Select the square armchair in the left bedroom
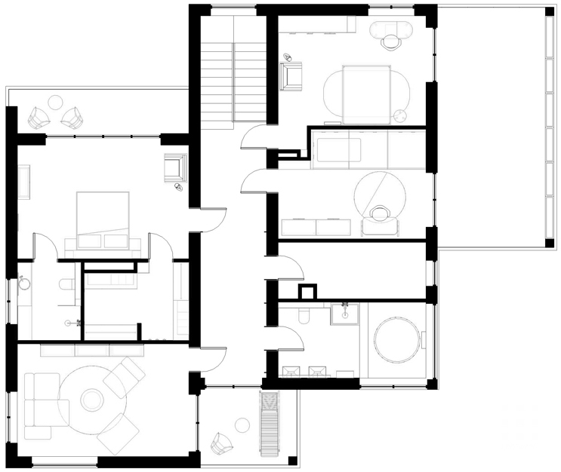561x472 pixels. click(175, 166)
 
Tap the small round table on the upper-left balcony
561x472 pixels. click(55, 101)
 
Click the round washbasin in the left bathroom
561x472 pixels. click(24, 284)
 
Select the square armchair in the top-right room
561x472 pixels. click(291, 75)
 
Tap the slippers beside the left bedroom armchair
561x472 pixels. click(178, 186)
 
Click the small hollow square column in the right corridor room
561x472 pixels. click(307, 292)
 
